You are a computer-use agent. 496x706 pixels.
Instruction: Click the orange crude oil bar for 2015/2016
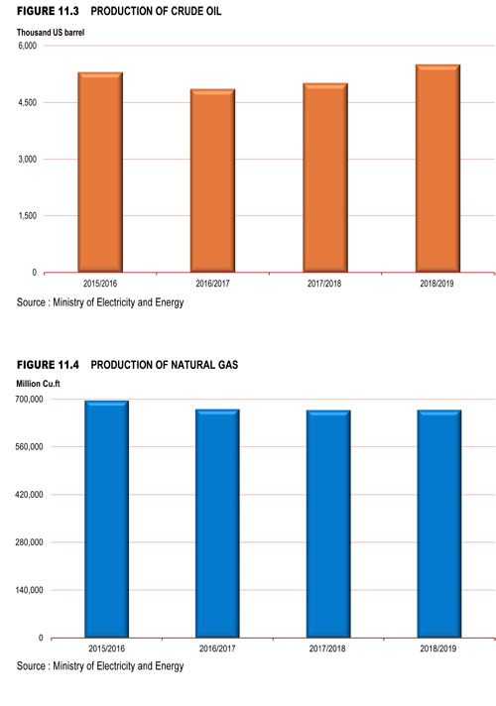click(100, 172)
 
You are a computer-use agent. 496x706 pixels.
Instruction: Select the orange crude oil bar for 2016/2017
click(212, 180)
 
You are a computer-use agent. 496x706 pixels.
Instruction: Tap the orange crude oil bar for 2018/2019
click(437, 169)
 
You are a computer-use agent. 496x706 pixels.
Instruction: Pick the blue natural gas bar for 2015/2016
click(107, 519)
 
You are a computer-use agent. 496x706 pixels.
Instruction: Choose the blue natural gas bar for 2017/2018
click(328, 524)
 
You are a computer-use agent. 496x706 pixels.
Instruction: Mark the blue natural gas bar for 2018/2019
click(439, 524)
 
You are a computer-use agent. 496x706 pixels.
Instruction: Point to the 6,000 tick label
click(28, 46)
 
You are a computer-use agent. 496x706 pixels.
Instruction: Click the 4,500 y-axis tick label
click(28, 103)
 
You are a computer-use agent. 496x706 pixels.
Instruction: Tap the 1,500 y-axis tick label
click(28, 216)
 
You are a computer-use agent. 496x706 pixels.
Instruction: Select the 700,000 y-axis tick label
click(30, 400)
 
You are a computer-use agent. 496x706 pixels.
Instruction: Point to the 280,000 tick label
click(30, 542)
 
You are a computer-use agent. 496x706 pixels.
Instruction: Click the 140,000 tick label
click(30, 590)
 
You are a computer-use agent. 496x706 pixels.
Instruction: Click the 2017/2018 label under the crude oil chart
click(324, 284)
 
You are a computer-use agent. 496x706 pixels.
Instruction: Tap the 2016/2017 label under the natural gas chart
click(217, 648)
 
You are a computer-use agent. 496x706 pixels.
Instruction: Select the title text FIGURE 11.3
click(48, 11)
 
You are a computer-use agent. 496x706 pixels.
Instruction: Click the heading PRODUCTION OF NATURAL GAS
click(165, 365)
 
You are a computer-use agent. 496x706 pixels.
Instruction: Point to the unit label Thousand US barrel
click(51, 33)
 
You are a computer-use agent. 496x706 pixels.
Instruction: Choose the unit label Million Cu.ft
click(38, 384)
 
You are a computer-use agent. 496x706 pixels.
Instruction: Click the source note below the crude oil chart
click(100, 302)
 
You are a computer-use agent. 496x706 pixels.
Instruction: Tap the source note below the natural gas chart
click(100, 666)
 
